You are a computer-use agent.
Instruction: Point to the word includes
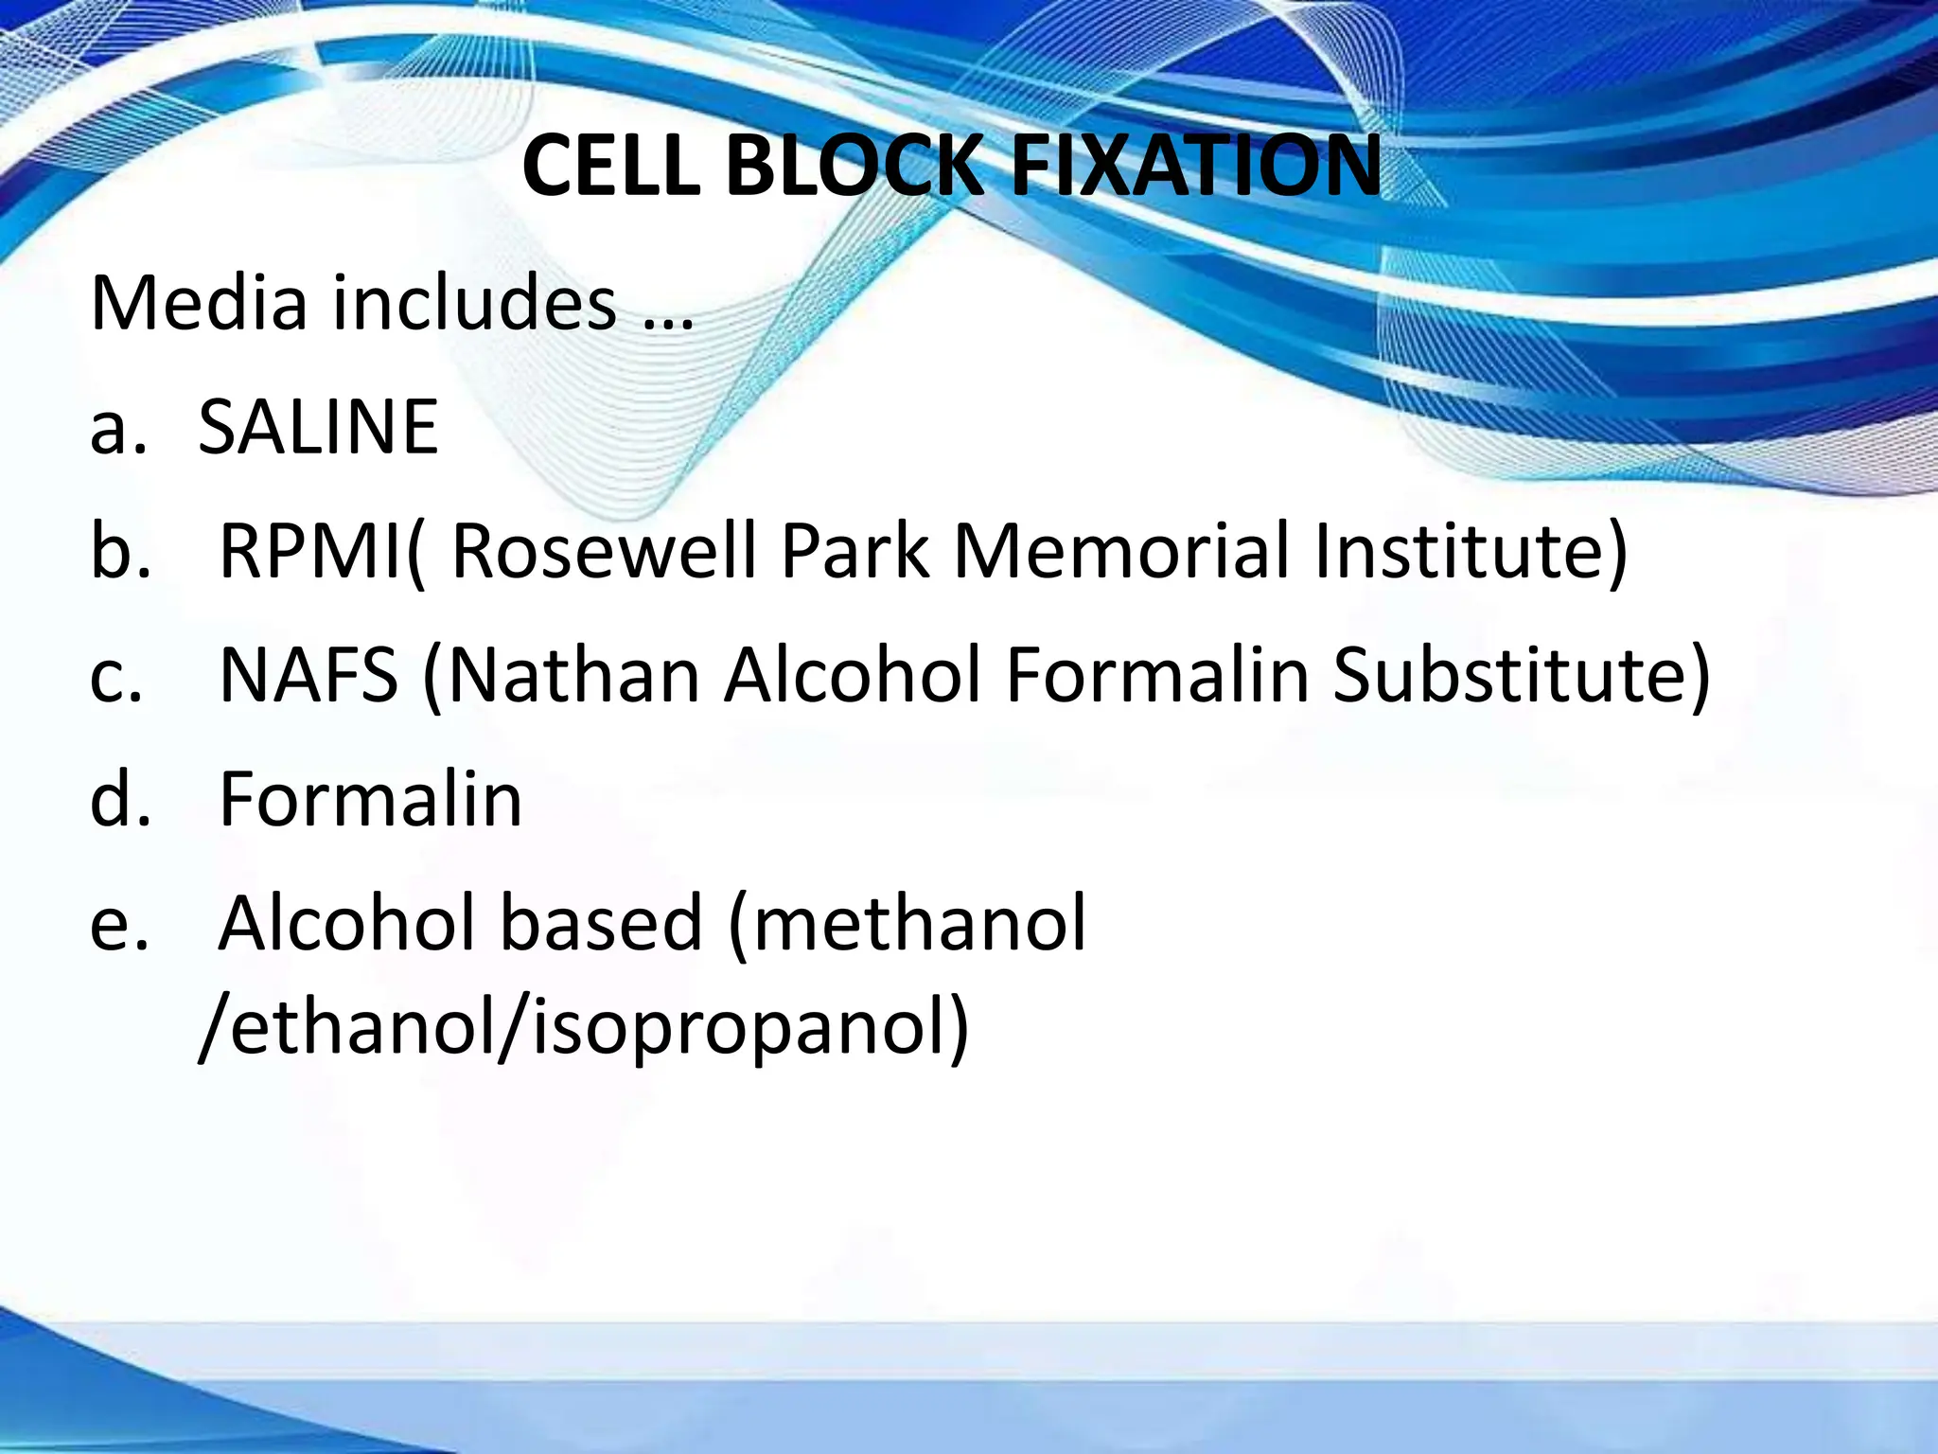coord(474,303)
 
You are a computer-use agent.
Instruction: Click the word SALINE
coord(318,428)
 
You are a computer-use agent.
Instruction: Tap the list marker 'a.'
coord(118,428)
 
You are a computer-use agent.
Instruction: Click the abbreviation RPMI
coord(312,551)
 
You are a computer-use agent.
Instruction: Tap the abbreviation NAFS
coord(308,676)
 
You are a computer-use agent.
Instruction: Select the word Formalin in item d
coord(370,800)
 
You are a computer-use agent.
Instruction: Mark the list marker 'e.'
coord(119,924)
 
